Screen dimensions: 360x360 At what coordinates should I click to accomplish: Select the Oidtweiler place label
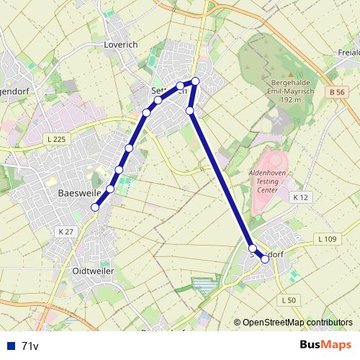[x=94, y=271]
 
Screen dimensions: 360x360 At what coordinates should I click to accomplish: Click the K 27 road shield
[x=65, y=231]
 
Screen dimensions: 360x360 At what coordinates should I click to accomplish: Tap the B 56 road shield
[x=335, y=92]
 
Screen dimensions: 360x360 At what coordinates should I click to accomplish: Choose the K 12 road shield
[x=300, y=197]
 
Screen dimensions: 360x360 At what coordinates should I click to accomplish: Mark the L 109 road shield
[x=326, y=238]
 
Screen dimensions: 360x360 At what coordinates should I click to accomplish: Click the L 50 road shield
[x=289, y=300]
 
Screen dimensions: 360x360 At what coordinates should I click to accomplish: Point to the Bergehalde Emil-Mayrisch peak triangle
[x=291, y=73]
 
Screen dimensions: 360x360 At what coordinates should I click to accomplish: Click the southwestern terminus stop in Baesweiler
[x=95, y=207]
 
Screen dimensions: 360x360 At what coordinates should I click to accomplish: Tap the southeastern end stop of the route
[x=265, y=259]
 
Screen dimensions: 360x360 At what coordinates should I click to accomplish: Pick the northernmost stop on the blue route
[x=195, y=81]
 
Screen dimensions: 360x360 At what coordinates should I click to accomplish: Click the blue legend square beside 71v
[x=10, y=346]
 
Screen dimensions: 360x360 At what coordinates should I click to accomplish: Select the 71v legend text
[x=30, y=346]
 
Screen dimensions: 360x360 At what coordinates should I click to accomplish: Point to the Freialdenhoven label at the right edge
[x=348, y=53]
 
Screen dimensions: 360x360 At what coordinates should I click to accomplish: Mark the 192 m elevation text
[x=291, y=100]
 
